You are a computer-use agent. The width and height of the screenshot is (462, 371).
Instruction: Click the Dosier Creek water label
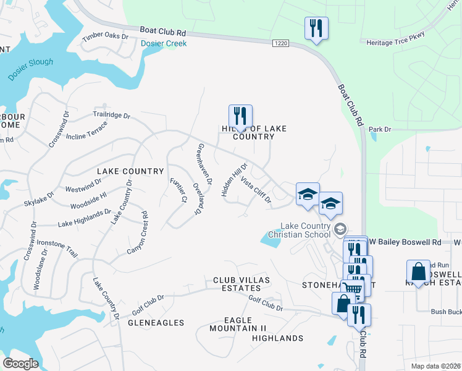click(x=163, y=43)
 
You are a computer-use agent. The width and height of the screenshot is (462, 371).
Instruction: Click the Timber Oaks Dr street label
click(x=105, y=36)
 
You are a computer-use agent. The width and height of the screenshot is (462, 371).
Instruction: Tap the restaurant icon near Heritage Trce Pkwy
click(x=316, y=28)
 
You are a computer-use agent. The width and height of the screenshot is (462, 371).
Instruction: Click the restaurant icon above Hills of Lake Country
click(x=240, y=116)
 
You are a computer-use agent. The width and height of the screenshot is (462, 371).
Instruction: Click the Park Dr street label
click(x=380, y=129)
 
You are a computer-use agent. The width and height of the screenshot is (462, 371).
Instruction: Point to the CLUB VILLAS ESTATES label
click(x=237, y=284)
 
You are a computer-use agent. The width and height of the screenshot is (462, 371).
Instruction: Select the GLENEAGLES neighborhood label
click(x=156, y=323)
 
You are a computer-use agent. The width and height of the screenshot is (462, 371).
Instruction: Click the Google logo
click(x=20, y=363)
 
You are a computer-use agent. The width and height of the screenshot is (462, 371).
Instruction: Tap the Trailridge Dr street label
click(x=112, y=115)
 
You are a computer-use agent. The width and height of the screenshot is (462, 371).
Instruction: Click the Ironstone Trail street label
click(x=58, y=249)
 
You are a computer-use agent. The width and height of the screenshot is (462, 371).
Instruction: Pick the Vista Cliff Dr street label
click(x=256, y=190)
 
